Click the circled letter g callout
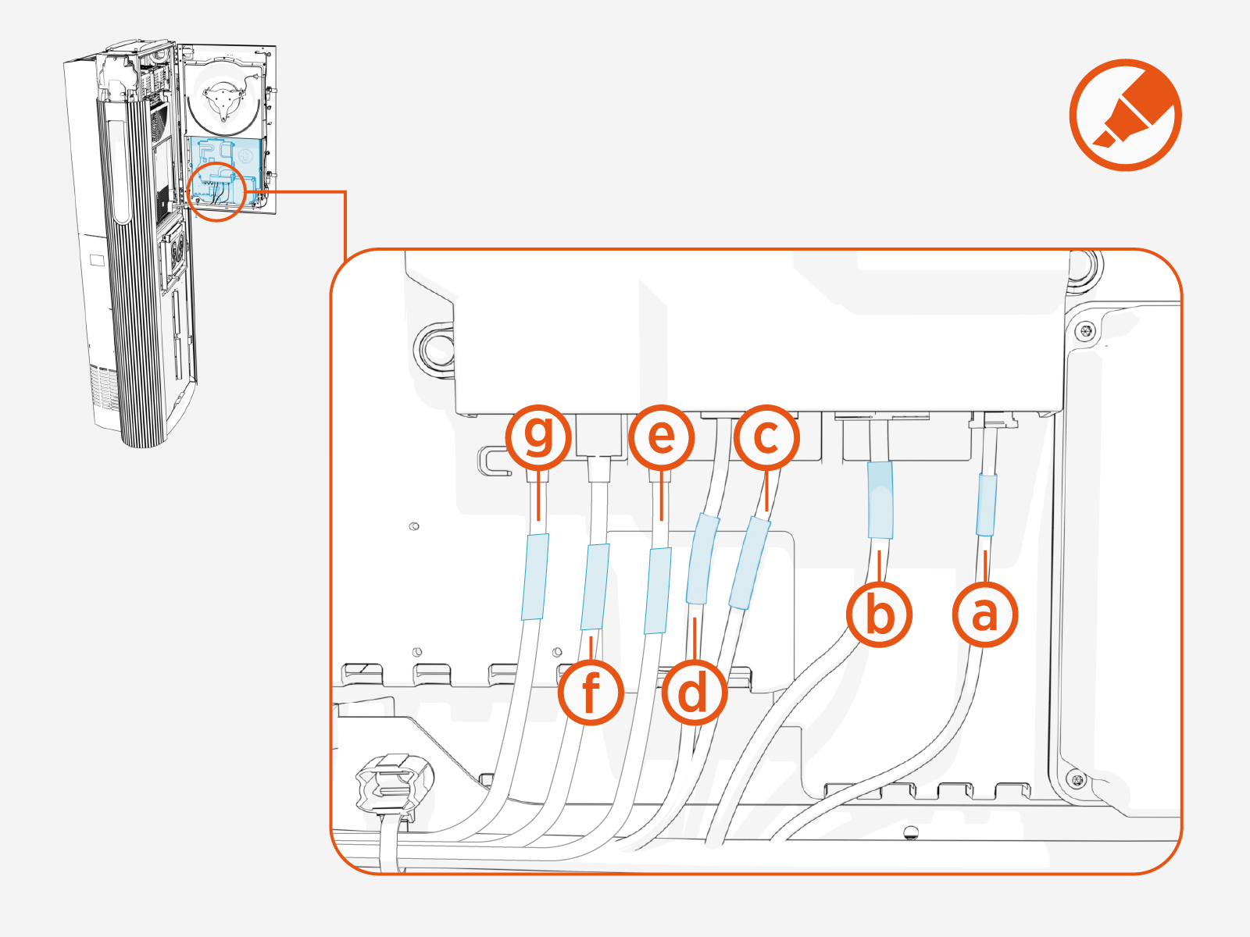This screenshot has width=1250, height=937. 538,436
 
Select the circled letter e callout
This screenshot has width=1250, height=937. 662,436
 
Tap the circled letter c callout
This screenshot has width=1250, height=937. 766,436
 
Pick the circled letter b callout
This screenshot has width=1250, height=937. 880,615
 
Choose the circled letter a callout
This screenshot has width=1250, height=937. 984,615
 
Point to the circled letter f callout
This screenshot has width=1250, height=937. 591,693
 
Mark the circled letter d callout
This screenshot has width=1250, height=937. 694,693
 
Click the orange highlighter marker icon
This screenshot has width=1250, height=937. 1125,115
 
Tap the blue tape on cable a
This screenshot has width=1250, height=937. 987,505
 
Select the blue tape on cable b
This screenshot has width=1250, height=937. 880,500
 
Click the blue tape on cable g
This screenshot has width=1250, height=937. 535,576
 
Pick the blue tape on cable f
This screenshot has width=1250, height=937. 595,586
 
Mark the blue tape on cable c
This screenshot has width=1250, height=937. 750,562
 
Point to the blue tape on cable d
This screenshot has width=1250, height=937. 702,559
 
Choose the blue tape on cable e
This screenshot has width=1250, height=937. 658,590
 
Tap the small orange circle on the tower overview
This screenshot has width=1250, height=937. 217,192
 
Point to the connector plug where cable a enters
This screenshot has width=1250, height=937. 992,422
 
